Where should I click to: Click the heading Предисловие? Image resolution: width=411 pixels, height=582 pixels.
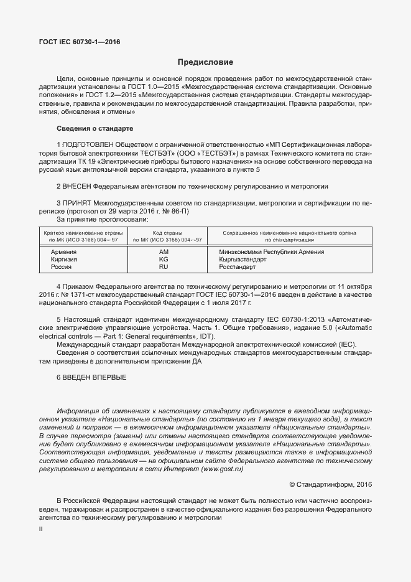coord(205,62)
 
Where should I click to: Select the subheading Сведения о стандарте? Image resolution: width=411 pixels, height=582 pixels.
coord(95,128)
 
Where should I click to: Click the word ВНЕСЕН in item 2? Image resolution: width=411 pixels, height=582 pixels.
coord(78,186)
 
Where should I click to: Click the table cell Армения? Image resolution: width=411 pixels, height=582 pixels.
coord(63,251)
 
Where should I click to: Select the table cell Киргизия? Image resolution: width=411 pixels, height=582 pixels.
coord(65,259)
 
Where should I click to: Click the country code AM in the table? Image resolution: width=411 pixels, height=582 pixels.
coord(164,251)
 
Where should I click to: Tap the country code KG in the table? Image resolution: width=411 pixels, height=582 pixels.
coord(164,259)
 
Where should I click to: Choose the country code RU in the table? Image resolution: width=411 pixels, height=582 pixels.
coord(164,266)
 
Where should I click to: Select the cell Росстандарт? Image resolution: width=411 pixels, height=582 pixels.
coord(238,266)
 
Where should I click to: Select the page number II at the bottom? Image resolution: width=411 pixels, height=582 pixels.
coord(40,528)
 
